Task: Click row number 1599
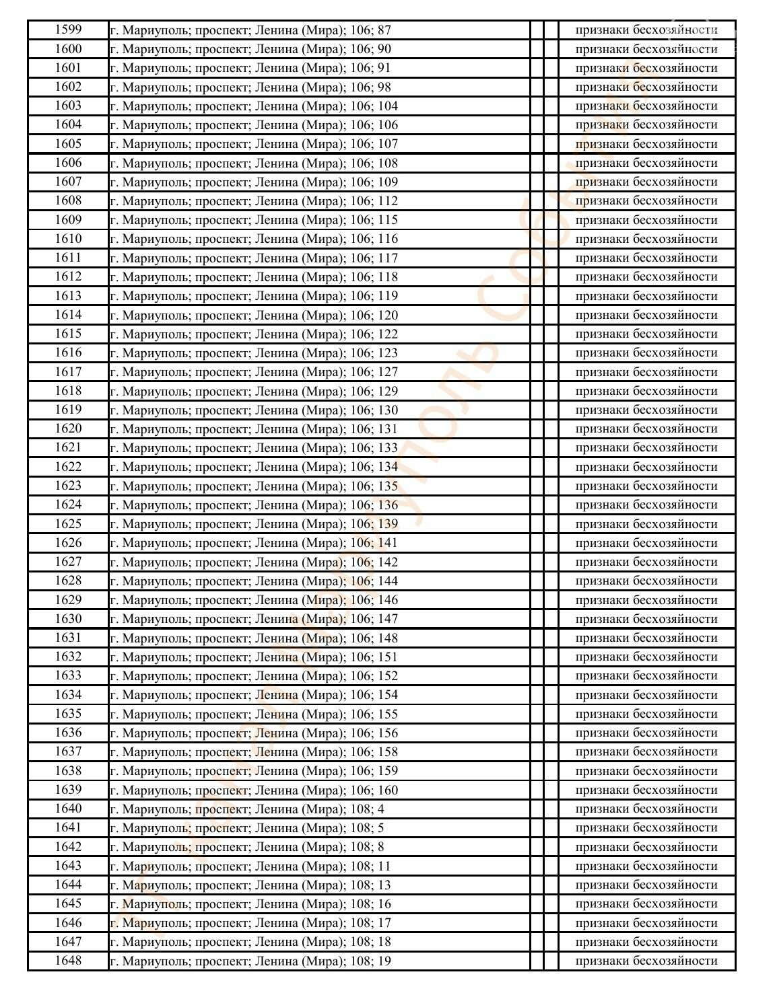(68, 30)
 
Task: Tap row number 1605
(68, 144)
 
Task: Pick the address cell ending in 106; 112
(254, 201)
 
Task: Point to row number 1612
(68, 276)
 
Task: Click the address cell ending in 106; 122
(254, 334)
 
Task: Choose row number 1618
(68, 391)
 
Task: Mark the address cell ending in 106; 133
(254, 448)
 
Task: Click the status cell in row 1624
(646, 505)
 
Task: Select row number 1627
(68, 562)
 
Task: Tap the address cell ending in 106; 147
(254, 619)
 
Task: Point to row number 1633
(68, 675)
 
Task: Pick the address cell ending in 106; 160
(254, 790)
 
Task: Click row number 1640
(68, 809)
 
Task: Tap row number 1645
(68, 903)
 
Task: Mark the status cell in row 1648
(646, 961)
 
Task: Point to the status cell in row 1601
(646, 68)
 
